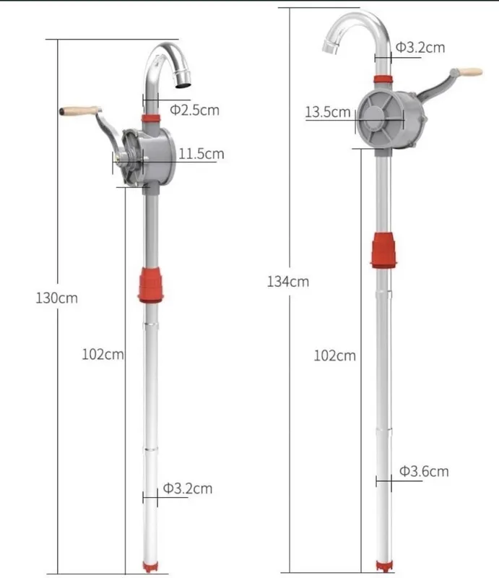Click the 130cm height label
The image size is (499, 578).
click(x=57, y=298)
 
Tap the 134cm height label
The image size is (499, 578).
click(x=288, y=282)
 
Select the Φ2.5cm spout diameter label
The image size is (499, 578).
click(x=194, y=110)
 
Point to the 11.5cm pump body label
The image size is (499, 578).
click(x=201, y=154)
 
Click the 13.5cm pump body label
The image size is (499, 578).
click(x=328, y=112)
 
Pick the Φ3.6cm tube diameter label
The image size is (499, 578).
click(x=424, y=471)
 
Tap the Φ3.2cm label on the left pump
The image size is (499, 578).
click(x=188, y=488)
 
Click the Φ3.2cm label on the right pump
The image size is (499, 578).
click(x=420, y=48)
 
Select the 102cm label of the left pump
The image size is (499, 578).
click(x=103, y=354)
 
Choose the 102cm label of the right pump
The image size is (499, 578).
click(x=334, y=355)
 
